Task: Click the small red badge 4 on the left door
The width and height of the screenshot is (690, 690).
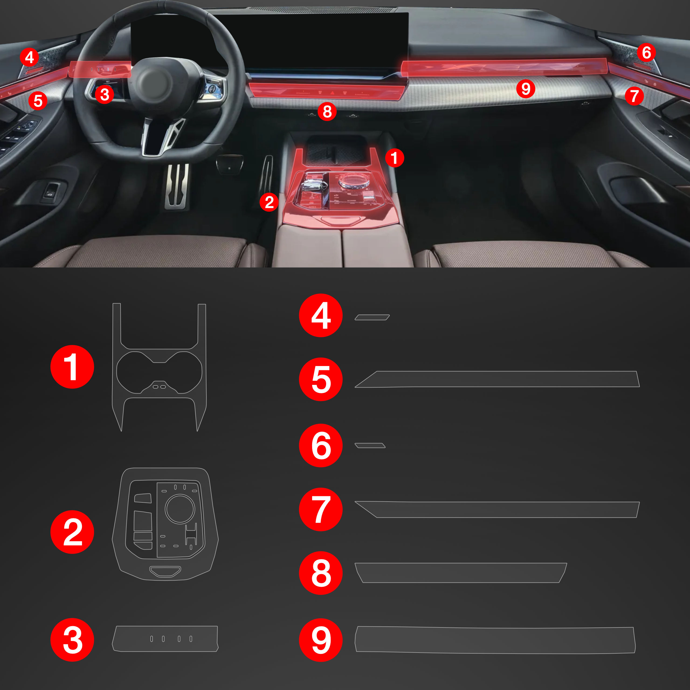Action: tap(29, 57)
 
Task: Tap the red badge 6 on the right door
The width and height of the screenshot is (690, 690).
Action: tap(646, 53)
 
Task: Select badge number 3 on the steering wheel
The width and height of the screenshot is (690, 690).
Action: tap(105, 95)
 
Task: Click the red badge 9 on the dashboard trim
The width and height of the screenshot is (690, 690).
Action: tap(526, 89)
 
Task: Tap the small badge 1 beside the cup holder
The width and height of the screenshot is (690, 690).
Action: tap(394, 158)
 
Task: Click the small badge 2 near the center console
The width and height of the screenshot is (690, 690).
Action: tap(269, 202)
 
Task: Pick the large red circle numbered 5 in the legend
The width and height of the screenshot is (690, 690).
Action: tap(321, 379)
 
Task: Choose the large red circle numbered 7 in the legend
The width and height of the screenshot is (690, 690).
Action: tap(321, 509)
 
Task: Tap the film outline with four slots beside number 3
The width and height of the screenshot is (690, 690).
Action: tap(165, 639)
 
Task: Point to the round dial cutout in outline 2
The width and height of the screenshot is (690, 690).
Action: tap(180, 509)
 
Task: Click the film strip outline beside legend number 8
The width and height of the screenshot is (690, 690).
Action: tap(461, 572)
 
